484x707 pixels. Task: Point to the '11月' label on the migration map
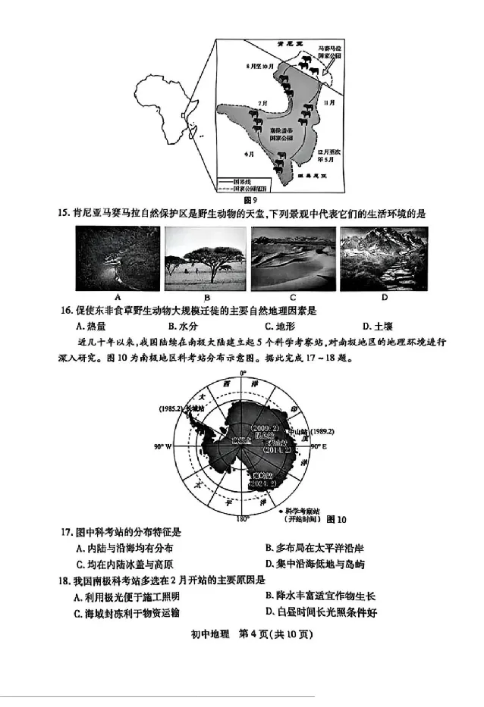[x=328, y=102]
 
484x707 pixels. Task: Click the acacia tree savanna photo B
[x=205, y=258]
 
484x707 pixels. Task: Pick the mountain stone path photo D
[x=374, y=258]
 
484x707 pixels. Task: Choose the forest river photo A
[x=118, y=258]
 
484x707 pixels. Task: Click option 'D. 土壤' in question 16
[x=377, y=327]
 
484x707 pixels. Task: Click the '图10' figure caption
[x=336, y=520]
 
